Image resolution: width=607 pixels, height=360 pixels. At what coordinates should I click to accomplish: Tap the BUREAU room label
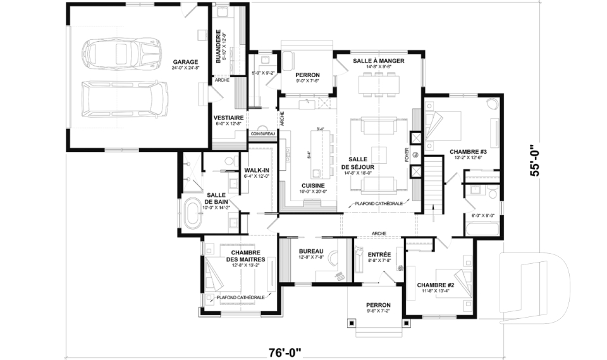tap(311, 251)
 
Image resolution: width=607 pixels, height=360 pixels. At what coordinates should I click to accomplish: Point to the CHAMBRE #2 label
tap(436, 285)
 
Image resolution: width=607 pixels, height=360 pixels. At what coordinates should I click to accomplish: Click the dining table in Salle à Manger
tap(379, 83)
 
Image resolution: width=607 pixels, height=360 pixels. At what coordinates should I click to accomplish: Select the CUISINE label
tap(314, 185)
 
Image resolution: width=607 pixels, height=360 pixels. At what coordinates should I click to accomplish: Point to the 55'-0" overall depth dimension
tap(536, 161)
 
